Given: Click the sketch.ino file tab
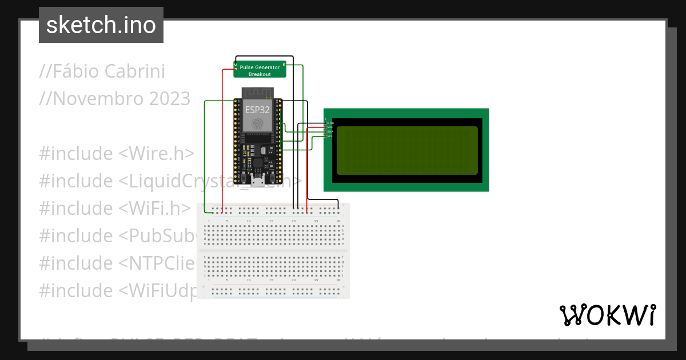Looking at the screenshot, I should click(x=101, y=25).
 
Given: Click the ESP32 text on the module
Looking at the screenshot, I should click(x=257, y=110).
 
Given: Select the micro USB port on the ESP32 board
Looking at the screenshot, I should click(x=258, y=182).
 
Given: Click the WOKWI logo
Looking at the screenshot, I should click(x=607, y=315).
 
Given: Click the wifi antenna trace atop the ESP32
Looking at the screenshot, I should click(x=258, y=93).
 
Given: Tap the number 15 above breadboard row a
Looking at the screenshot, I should click(x=271, y=221).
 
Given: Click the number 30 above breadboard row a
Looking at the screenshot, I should click(x=338, y=221).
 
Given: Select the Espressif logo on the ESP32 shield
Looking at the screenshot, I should click(x=257, y=124).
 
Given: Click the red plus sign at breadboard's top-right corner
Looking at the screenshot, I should click(x=344, y=205).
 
